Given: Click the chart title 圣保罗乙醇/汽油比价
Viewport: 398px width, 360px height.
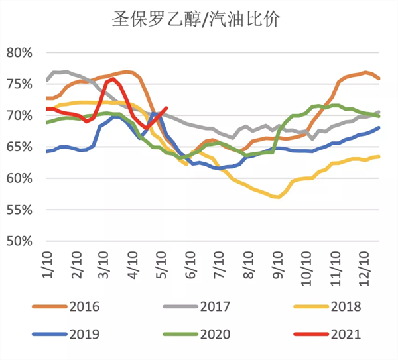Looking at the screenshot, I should (x=198, y=19).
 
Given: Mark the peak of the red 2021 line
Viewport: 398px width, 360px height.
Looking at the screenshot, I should (x=112, y=78).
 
